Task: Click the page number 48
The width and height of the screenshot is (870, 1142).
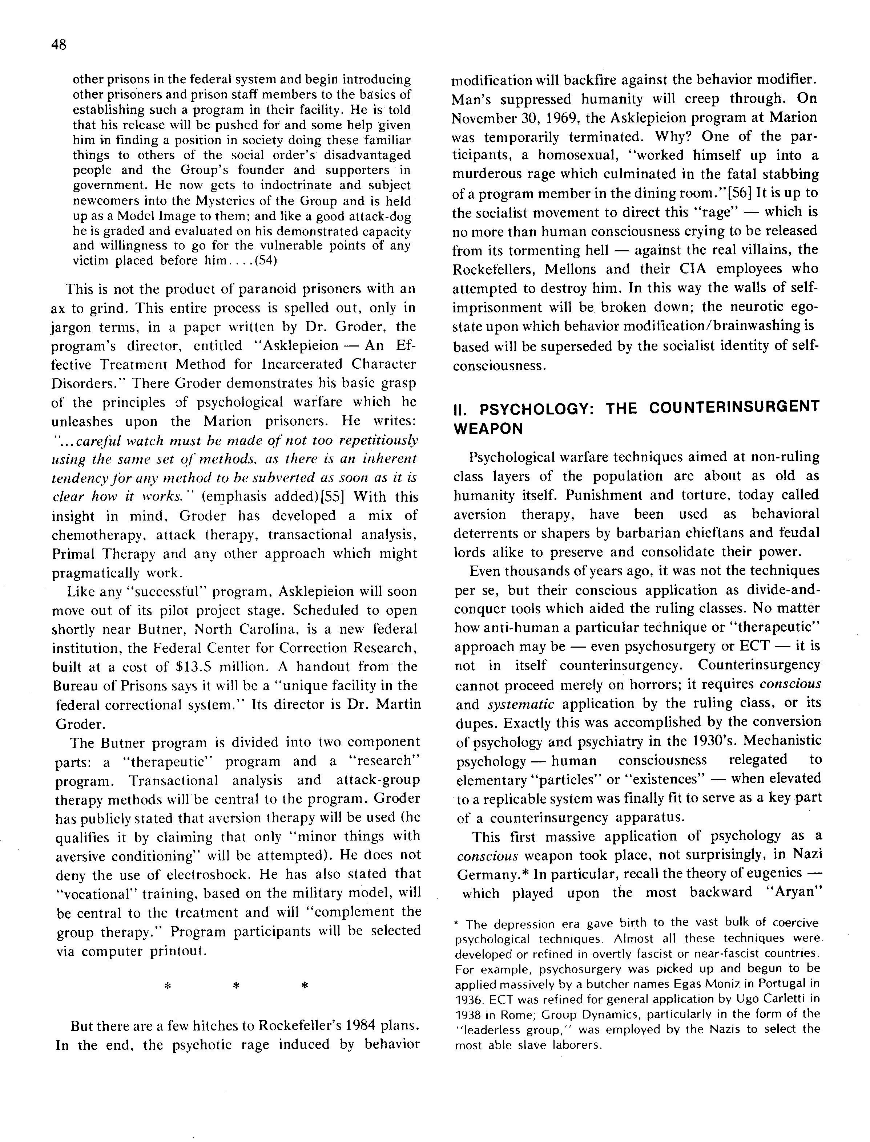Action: (59, 45)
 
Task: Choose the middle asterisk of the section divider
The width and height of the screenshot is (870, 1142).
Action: (236, 986)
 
